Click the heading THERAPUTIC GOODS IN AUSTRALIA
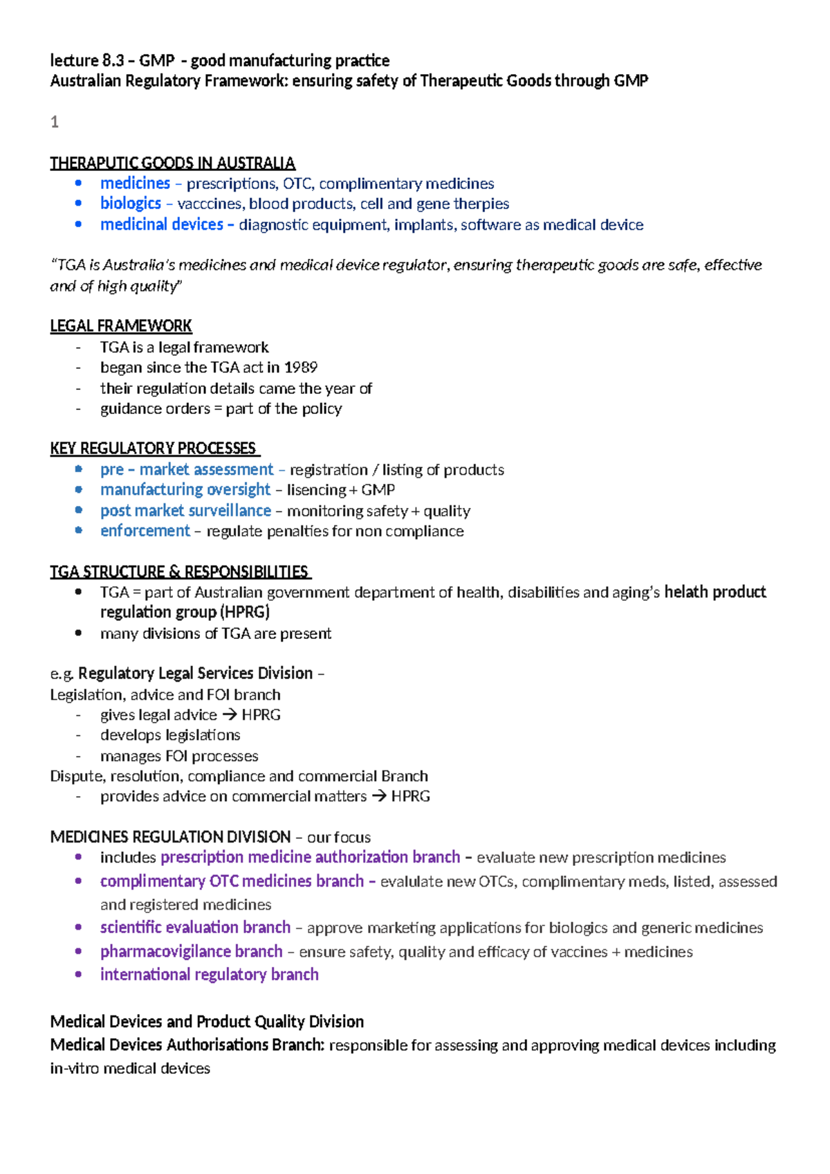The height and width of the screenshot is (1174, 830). click(172, 163)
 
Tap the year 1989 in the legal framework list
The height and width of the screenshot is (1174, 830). click(301, 368)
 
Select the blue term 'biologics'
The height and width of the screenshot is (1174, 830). click(131, 204)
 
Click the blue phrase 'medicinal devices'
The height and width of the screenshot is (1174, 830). click(161, 225)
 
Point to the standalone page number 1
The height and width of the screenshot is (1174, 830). click(55, 123)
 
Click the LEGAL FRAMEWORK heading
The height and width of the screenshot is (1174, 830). click(121, 326)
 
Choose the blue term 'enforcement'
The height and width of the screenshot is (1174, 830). click(145, 531)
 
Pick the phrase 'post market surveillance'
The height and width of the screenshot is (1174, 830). click(185, 511)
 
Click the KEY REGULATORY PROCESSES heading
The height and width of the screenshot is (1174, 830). click(154, 449)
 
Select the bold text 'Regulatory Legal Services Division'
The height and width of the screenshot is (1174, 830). click(196, 674)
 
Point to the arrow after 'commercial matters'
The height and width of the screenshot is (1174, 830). click(378, 797)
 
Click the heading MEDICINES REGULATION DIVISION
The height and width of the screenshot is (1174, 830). click(170, 837)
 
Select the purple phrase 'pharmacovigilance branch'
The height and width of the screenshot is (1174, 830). click(192, 952)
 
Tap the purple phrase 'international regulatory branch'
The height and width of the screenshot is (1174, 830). click(210, 975)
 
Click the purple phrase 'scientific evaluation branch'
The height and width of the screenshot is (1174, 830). click(195, 928)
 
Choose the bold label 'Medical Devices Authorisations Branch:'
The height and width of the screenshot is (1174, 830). click(187, 1045)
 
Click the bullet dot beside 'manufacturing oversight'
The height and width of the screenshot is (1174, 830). click(79, 490)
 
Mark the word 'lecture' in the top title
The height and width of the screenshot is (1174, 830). click(73, 61)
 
